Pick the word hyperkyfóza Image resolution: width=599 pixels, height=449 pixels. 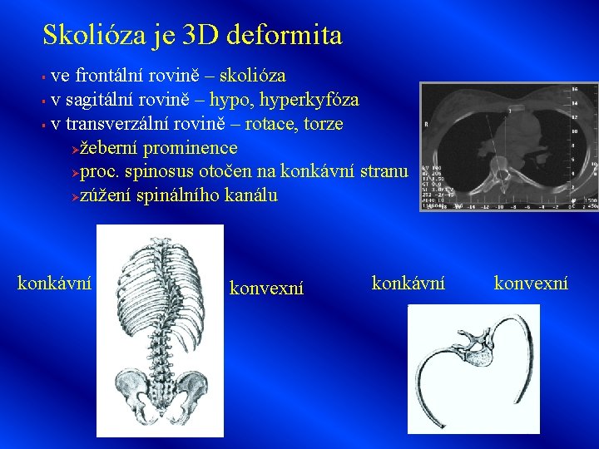click(x=309, y=101)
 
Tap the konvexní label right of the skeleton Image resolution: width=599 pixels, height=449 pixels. click(x=266, y=289)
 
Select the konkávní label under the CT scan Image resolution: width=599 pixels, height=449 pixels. click(x=408, y=284)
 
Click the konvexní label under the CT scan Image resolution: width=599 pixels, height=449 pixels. click(x=532, y=284)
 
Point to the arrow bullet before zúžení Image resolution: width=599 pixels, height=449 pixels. click(x=74, y=197)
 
